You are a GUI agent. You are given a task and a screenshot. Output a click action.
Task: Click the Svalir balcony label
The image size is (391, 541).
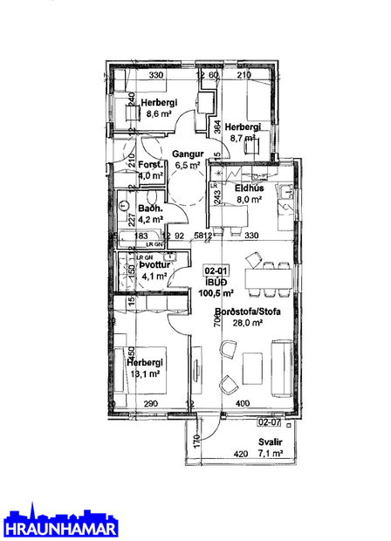[267, 442]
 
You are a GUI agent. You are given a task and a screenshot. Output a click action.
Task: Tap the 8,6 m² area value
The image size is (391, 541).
[159, 113]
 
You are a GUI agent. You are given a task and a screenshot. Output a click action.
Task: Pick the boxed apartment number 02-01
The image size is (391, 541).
[216, 271]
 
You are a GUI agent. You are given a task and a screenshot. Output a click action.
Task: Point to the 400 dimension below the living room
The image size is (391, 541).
[242, 403]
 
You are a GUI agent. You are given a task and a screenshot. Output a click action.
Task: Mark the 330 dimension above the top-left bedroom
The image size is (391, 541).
[156, 76]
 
